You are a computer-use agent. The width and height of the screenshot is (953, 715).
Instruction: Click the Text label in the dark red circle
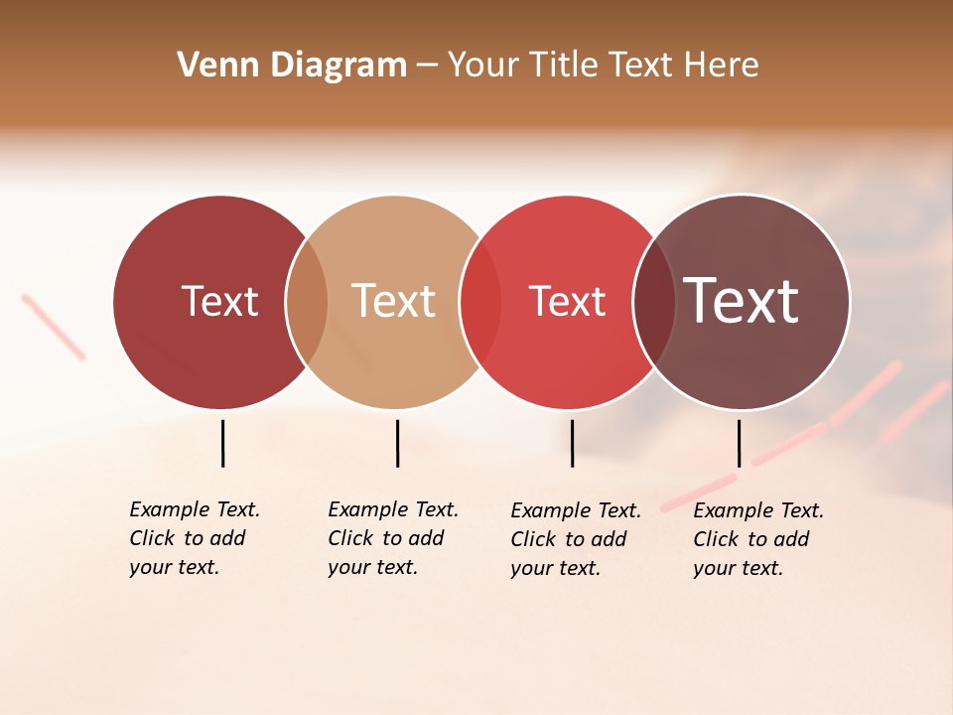pos(219,301)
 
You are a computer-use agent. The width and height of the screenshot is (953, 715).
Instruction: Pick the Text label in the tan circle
pos(393,301)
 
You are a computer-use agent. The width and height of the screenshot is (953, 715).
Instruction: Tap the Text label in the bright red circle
pos(567,301)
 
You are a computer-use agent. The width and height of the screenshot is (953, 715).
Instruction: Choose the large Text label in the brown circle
pos(742,301)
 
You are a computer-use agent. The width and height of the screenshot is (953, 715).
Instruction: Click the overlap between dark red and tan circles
pos(307,302)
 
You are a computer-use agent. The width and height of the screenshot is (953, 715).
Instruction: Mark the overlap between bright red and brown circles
pos(654,302)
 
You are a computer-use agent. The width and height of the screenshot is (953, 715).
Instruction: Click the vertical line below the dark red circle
pos(222,443)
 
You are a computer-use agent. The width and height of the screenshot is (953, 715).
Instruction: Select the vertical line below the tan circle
pos(397,443)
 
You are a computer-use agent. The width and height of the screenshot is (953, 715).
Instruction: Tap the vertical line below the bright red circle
pos(572,443)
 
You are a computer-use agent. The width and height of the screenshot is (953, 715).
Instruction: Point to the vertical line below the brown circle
pos(739,443)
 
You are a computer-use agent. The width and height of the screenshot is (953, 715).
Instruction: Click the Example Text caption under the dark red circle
pos(194,538)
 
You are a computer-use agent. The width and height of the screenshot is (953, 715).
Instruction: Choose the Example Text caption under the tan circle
pos(392,538)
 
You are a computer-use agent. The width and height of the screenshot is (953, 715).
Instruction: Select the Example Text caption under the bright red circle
pos(575,539)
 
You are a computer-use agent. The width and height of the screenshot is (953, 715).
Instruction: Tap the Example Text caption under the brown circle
pos(757,539)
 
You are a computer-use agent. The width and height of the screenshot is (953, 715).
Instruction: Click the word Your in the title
pos(482,66)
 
